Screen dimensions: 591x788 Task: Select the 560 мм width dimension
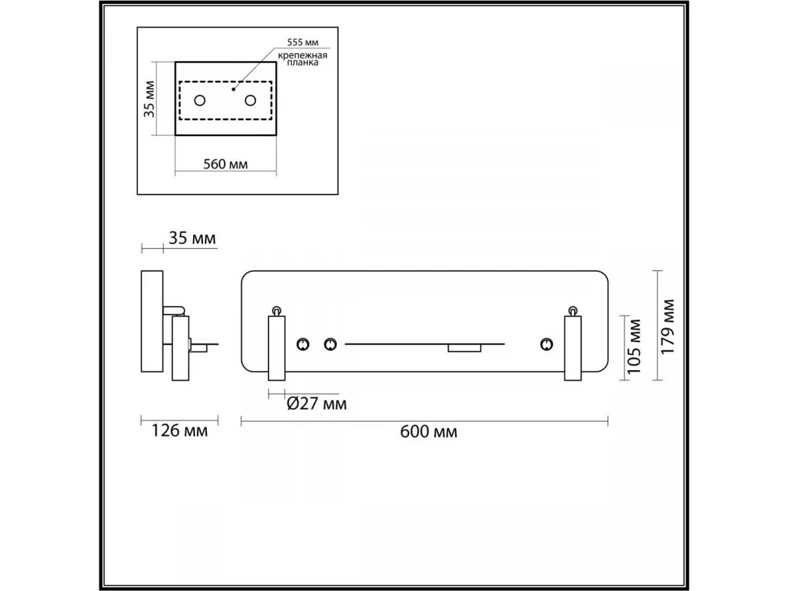pos(225,164)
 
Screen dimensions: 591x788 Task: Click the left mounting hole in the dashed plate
pos(200,100)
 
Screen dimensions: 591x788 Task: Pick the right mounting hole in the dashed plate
pos(250,100)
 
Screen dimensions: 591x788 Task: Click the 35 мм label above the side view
pos(192,238)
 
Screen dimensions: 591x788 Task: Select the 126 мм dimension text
pos(179,431)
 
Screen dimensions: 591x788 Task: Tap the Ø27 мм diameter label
pos(317,403)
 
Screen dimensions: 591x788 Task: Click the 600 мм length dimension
pos(428,432)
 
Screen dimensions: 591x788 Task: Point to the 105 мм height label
pos(634,346)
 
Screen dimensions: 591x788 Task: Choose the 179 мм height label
pos(668,326)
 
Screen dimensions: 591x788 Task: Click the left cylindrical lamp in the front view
pos(277,347)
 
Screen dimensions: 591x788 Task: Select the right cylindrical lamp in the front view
pos(573,347)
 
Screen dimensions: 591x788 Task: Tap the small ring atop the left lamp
pos(277,310)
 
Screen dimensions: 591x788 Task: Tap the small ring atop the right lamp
pos(573,309)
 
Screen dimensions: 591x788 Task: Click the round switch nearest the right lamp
pos(546,344)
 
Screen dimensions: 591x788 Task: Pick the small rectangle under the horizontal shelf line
pos(464,348)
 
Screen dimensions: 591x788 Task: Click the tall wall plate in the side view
pos(152,321)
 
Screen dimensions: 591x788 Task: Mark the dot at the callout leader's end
pos(233,87)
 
